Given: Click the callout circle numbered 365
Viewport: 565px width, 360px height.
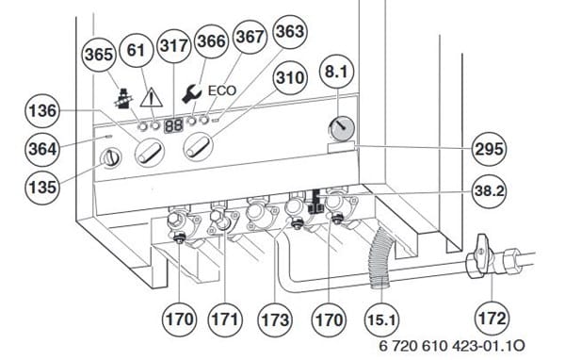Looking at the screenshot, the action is (x=99, y=55).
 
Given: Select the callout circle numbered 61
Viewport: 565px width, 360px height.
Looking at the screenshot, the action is (x=136, y=50).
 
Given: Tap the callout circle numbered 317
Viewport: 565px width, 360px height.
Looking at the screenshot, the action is (x=174, y=45).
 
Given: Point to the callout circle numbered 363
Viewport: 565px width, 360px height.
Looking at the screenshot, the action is (x=290, y=32).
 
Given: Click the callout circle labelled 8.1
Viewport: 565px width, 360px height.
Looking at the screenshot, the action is (x=336, y=71).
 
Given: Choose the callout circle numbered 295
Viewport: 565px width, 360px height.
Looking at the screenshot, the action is (x=489, y=149).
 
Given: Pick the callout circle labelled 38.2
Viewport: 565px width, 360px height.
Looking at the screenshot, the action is (x=489, y=190).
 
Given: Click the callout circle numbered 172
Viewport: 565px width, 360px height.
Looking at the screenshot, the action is (x=492, y=319).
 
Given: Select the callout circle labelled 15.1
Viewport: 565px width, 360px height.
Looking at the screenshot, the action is (x=381, y=319).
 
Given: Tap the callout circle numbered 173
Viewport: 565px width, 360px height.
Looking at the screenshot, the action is (x=275, y=319).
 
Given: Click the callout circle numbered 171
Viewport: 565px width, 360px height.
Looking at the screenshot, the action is (x=225, y=319).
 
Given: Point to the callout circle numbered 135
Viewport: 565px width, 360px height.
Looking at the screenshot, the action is (x=42, y=188).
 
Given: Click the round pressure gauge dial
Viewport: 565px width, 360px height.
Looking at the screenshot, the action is (x=342, y=128).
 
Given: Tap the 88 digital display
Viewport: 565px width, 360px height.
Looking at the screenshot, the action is (x=174, y=125).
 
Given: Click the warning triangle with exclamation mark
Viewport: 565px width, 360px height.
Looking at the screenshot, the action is (x=152, y=97).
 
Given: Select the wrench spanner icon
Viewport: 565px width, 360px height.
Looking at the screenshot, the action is (x=191, y=93).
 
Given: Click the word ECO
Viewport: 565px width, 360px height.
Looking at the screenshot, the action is (x=222, y=90).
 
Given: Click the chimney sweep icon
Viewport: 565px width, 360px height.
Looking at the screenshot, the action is (x=123, y=97).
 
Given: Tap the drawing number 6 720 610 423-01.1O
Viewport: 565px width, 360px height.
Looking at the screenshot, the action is (x=452, y=346).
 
